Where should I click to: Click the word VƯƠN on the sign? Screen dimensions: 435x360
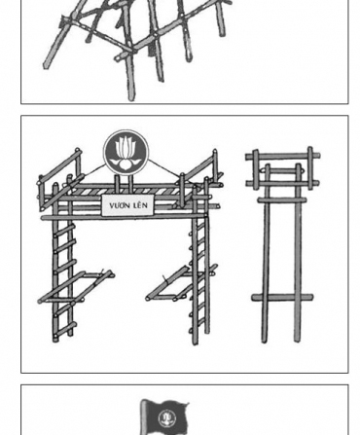click(119, 207)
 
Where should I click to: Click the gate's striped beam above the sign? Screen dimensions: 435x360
click(126, 194)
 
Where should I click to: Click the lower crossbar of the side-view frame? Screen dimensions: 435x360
click(282, 297)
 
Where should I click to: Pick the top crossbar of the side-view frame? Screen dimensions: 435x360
click(282, 156)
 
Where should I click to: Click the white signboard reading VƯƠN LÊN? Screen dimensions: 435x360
click(127, 207)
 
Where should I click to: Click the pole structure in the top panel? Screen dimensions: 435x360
click(136, 44)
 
